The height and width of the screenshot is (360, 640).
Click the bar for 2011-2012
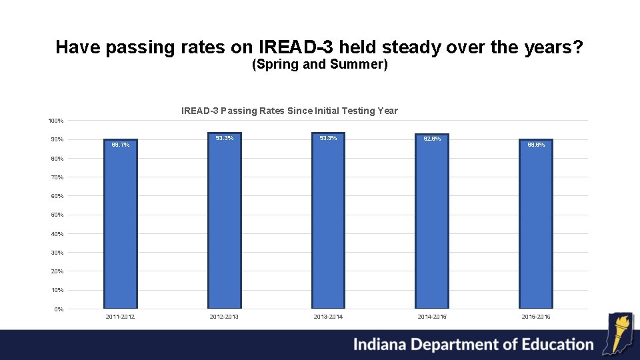pos(120,227)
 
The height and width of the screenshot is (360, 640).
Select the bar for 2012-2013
pos(224,223)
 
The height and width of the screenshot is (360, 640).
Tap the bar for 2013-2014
pos(328,223)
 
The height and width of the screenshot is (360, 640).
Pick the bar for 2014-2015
pos(432,224)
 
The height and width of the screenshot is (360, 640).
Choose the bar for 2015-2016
pos(536,227)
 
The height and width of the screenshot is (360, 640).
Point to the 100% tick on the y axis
pos(56,121)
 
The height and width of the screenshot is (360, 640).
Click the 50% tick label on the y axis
pos(57,215)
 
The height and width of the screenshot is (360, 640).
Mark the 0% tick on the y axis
pos(59,309)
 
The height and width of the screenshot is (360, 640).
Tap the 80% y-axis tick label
pos(57,159)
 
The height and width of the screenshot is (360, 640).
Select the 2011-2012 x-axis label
pos(120,317)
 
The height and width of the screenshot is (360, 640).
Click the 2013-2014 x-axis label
pos(328,317)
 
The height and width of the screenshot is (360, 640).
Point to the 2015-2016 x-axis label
pos(536,317)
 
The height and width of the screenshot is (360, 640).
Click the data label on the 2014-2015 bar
pos(432,139)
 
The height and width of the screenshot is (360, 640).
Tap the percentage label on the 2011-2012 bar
pos(120,144)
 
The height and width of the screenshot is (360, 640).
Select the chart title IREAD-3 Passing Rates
pos(289,111)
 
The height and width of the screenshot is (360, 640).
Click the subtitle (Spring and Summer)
pos(320,65)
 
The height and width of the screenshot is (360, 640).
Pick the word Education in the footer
pos(551,344)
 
